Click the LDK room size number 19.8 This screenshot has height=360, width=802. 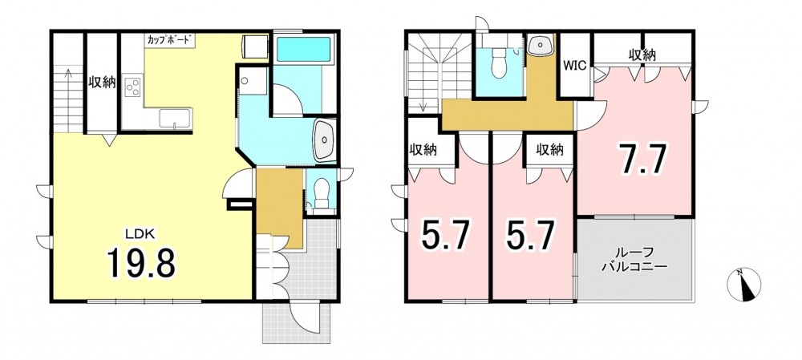[141, 263]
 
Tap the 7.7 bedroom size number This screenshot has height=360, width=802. [642, 159]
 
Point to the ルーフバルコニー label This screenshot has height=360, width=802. [634, 259]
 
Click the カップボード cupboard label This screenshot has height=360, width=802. [169, 39]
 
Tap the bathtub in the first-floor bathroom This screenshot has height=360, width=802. [303, 49]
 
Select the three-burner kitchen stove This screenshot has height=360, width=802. [133, 87]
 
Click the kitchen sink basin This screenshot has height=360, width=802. [175, 118]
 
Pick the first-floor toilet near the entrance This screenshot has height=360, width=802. [321, 194]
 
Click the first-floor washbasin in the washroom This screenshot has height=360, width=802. [324, 140]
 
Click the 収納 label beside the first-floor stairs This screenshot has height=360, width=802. [103, 82]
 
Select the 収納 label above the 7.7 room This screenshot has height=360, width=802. [642, 55]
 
